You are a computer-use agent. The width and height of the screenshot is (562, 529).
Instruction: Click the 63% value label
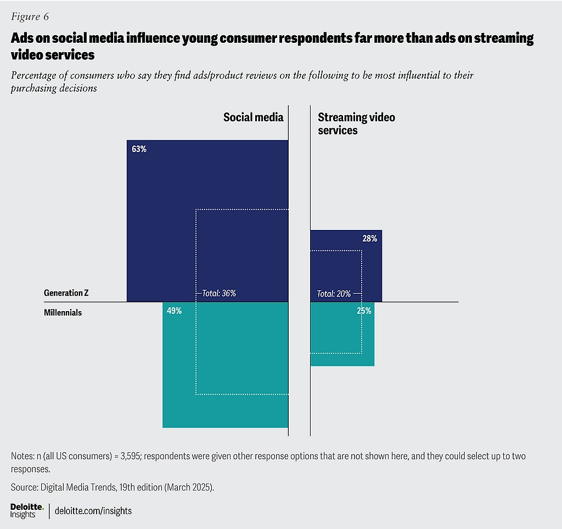139,149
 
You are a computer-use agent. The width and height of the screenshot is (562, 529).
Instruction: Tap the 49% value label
174,311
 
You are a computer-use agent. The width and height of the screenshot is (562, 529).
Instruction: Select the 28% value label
369,239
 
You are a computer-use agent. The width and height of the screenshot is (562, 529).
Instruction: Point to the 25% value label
364,311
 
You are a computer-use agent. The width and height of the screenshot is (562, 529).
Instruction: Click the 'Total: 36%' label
219,293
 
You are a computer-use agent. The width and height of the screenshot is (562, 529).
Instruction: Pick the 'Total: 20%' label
334,294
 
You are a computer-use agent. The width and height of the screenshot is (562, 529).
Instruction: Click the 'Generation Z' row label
66,293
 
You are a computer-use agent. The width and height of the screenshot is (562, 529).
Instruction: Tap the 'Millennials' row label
63,313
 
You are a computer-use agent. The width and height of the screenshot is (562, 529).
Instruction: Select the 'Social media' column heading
254,117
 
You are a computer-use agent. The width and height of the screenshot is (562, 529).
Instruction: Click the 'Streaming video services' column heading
356,123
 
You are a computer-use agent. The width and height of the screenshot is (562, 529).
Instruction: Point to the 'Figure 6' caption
30,16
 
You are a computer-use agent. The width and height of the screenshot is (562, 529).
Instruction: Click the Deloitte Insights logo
27,511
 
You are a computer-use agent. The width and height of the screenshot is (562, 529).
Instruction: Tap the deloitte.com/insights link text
93,511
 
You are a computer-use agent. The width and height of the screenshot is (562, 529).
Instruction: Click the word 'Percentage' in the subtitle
33,75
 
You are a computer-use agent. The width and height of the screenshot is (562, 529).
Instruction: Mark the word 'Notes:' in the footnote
23,456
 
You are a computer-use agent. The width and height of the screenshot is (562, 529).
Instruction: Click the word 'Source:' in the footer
24,487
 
